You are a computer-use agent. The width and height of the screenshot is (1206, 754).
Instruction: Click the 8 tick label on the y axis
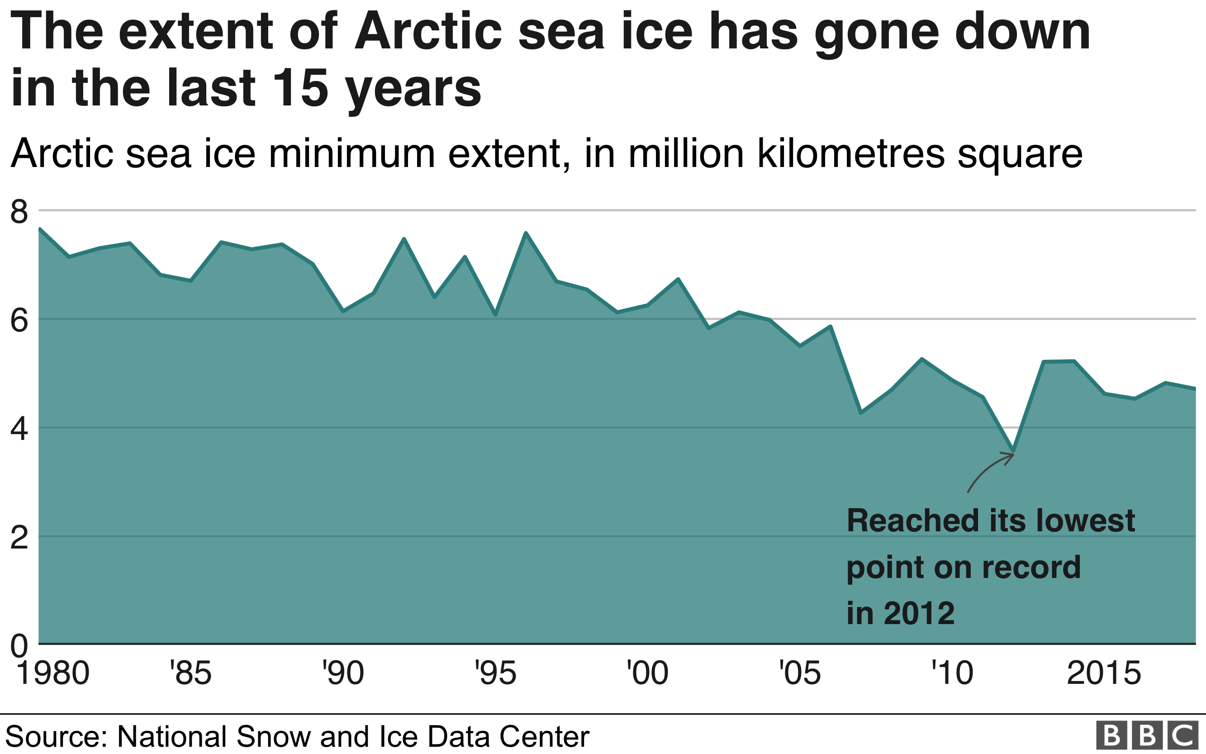[19, 211]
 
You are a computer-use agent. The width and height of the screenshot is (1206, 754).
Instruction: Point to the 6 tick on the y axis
[19, 320]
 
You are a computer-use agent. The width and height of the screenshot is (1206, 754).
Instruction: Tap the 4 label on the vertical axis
[19, 429]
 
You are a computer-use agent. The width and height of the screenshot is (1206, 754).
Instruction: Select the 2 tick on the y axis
[19, 538]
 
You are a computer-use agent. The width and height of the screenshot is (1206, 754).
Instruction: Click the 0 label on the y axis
[19, 646]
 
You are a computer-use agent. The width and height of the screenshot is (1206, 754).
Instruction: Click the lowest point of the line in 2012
[1013, 451]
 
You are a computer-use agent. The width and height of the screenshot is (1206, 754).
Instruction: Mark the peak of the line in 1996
[526, 233]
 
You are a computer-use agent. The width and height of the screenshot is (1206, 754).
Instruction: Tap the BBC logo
[1147, 735]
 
